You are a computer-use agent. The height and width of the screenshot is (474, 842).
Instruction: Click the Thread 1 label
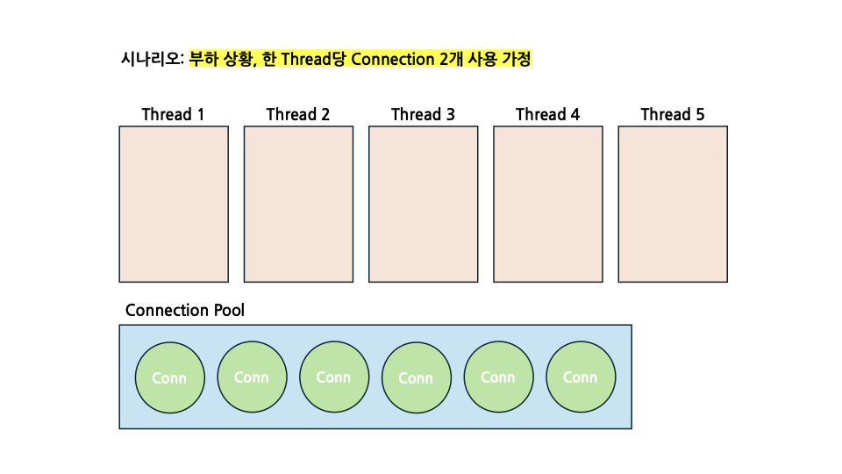point(173,115)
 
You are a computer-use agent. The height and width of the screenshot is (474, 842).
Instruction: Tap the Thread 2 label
point(298,115)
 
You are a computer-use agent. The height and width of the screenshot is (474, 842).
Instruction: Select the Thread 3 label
point(423,115)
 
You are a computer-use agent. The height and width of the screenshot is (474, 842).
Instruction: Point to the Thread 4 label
point(547,115)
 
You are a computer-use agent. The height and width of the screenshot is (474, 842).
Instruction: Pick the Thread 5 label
point(672,115)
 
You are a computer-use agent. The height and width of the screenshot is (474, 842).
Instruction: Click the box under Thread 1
point(174,204)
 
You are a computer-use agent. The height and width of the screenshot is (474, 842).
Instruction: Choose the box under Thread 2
point(298,204)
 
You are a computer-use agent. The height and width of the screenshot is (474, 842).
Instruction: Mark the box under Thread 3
point(423,204)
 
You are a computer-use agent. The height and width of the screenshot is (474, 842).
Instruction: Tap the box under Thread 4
point(547,204)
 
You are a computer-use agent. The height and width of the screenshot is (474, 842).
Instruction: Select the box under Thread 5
point(673,204)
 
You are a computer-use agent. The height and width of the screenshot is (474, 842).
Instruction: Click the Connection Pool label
point(185,311)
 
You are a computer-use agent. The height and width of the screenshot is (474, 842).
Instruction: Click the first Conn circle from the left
point(169,377)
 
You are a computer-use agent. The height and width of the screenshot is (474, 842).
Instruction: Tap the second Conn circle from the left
point(252,377)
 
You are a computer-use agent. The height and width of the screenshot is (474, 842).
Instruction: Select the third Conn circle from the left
point(333,377)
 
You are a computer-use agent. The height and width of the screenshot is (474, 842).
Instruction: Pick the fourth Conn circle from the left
point(416,377)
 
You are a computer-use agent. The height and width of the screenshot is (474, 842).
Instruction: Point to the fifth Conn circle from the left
point(498,377)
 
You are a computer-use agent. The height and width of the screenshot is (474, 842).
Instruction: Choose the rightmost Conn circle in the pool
point(580,377)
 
